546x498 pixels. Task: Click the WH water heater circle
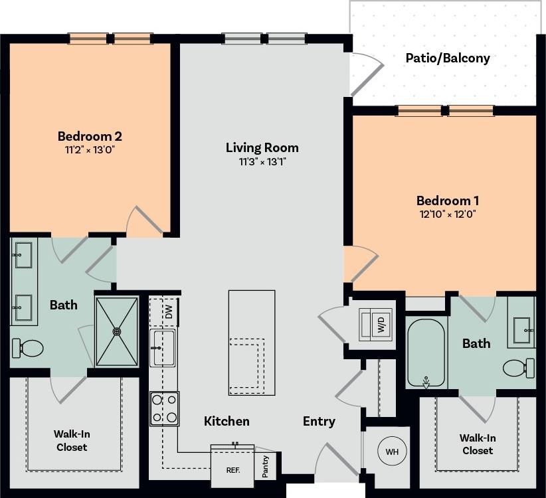tap(392, 452)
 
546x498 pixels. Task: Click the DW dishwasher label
tap(169, 311)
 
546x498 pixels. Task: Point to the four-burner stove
tap(164, 408)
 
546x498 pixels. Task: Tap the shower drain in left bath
tap(118, 331)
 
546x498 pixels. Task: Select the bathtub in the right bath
tap(425, 352)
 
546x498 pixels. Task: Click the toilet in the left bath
tap(29, 347)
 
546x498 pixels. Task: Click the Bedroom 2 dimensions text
tap(90, 151)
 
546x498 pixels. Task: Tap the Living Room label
tap(262, 147)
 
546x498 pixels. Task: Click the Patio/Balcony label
tap(448, 58)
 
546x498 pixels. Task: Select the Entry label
tap(319, 421)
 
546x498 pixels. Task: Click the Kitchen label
tap(227, 421)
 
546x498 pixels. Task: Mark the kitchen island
tap(252, 342)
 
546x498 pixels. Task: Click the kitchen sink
tap(163, 347)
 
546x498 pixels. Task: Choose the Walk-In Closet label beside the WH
tap(478, 444)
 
